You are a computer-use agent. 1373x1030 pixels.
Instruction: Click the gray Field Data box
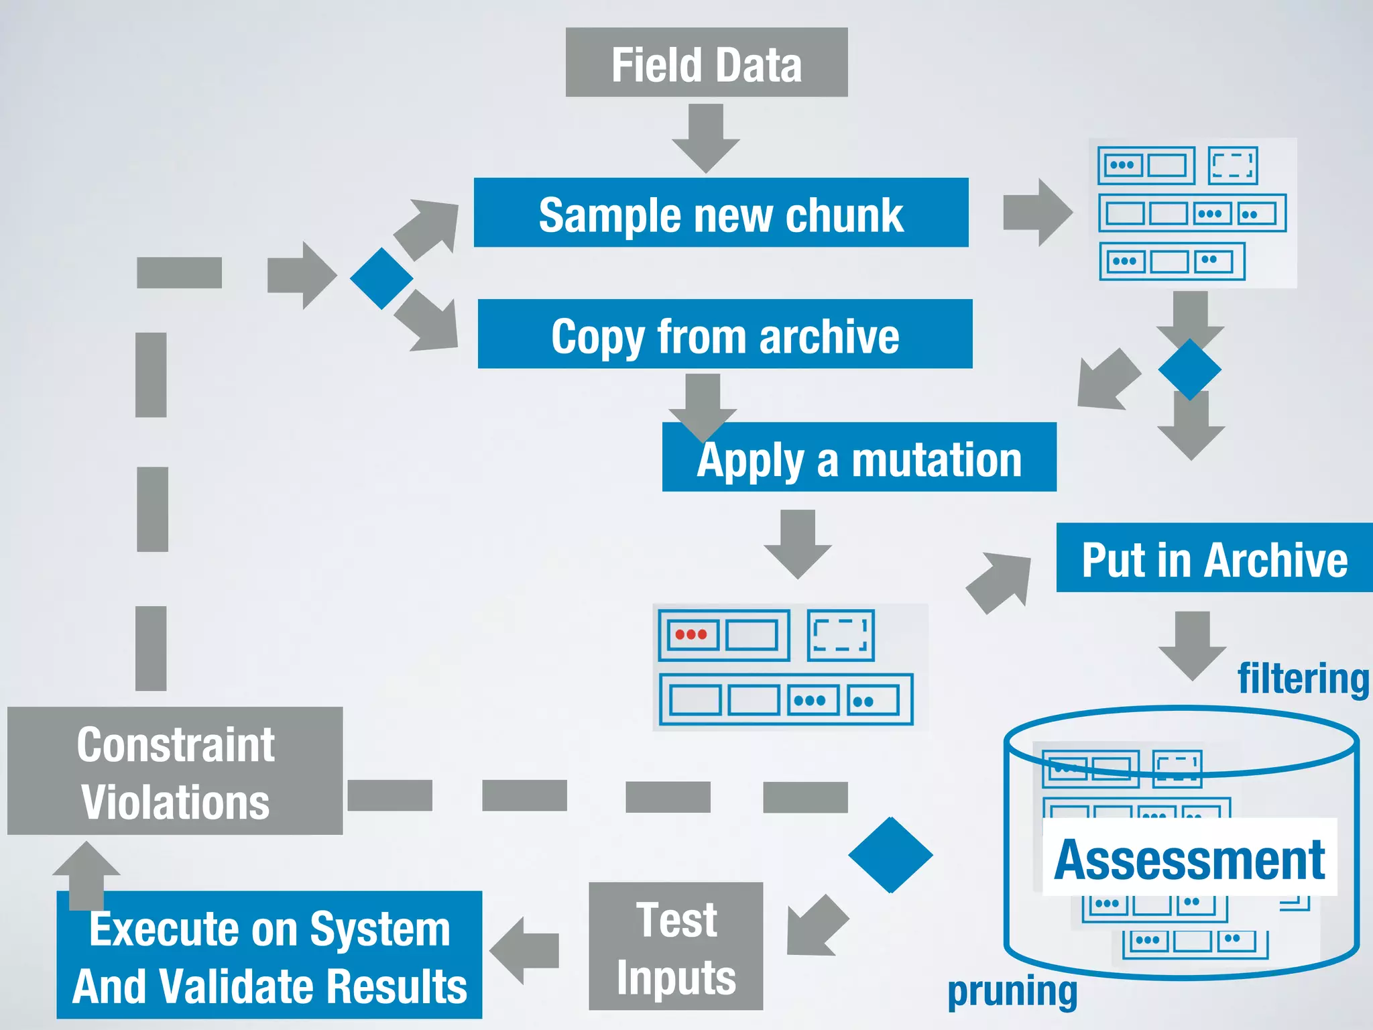pos(706,62)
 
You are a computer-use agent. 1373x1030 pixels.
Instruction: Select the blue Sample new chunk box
pos(721,213)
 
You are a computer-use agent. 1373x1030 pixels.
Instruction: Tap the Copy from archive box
pos(725,334)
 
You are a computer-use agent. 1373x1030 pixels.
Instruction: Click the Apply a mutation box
pos(859,457)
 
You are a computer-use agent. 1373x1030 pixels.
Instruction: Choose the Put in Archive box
pos(1214,558)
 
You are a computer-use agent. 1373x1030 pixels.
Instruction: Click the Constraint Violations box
pos(175,771)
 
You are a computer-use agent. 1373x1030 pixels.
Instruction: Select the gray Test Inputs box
pos(676,946)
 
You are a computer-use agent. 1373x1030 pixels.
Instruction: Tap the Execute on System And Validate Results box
pos(270,955)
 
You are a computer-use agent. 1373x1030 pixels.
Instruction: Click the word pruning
pos(1012,991)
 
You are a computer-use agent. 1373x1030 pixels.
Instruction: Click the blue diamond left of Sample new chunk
pos(381,278)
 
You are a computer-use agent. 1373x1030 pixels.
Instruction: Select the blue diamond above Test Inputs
pos(890,855)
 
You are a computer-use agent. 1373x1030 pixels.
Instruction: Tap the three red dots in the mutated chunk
pos(691,634)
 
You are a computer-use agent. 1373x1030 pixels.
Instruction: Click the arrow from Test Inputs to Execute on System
pos(524,951)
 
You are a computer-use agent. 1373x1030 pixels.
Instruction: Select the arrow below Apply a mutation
pos(798,544)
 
